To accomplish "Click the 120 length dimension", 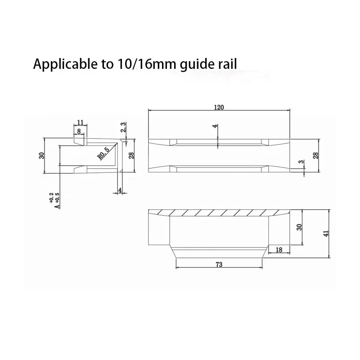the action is (x=219, y=108).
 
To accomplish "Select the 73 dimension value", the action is (x=219, y=265).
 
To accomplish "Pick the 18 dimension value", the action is (x=279, y=250).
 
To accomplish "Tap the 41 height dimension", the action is (x=326, y=233).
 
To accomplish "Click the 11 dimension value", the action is (x=81, y=122).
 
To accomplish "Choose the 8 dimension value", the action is (x=79, y=131).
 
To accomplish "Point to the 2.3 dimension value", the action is (x=123, y=127).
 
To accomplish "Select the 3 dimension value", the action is (x=301, y=162).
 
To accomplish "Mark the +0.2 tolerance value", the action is (x=51, y=198).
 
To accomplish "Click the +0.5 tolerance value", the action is (x=57, y=198).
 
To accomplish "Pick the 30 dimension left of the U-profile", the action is (x=41, y=156).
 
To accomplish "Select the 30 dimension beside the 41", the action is (x=299, y=227).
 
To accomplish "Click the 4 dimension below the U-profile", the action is (x=120, y=190).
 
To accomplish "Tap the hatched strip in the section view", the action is (x=219, y=212).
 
